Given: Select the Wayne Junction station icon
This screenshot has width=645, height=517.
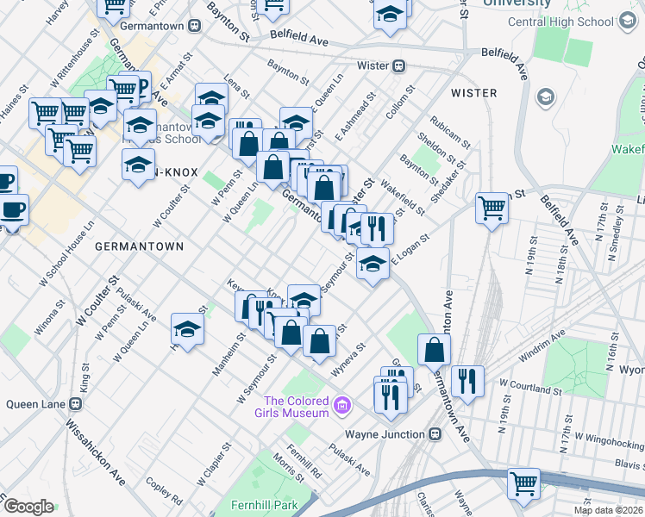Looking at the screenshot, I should tap(435, 434).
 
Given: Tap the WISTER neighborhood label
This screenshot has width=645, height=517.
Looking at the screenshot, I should tap(473, 92).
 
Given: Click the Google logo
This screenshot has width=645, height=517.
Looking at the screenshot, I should tap(29, 506).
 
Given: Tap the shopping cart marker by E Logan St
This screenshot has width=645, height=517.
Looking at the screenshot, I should tap(492, 207).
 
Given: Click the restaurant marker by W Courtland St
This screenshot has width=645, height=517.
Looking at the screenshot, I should tap(467, 380).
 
